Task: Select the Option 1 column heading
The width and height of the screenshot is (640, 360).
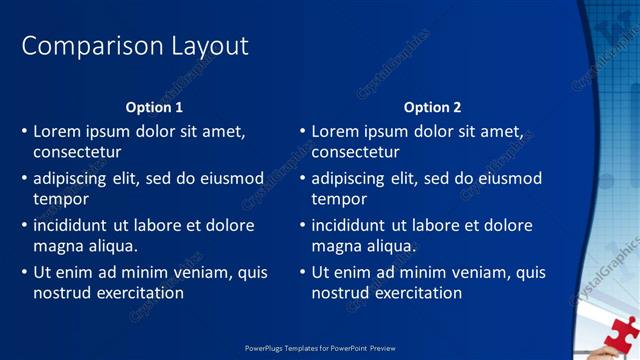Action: tap(154, 107)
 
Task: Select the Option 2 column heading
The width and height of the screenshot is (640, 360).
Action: tap(432, 107)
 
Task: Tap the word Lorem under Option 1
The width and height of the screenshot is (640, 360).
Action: tap(58, 131)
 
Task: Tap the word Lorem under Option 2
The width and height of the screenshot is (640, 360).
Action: tap(336, 131)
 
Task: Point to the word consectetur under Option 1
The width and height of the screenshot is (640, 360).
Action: tap(77, 152)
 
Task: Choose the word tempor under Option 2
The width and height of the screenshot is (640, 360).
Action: tap(340, 199)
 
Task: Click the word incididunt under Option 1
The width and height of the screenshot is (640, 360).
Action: tap(75, 225)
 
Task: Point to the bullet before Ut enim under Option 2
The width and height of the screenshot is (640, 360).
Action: tap(302, 272)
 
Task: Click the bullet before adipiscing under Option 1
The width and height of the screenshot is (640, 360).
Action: tap(24, 178)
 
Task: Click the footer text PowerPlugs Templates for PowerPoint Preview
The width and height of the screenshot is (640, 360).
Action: tap(320, 348)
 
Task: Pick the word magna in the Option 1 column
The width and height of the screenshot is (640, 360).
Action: tap(56, 246)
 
